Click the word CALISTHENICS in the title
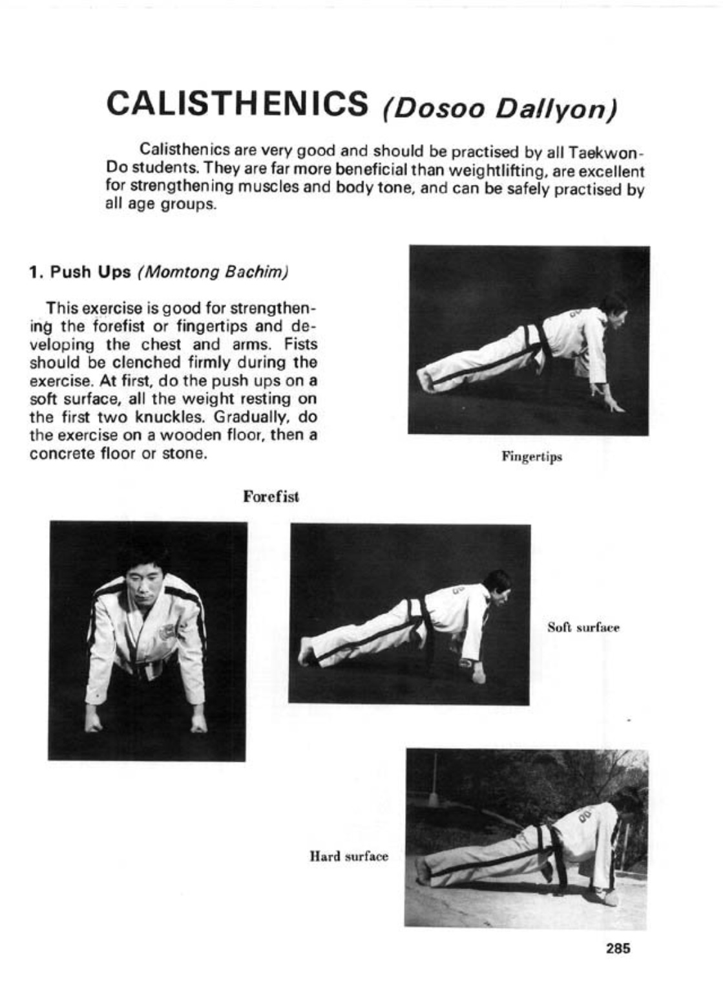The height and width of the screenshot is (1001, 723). pos(237,103)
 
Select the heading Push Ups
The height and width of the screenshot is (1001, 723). pos(90,272)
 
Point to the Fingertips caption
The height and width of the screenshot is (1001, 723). pos(532,457)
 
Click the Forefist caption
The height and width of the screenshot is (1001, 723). pos(271,497)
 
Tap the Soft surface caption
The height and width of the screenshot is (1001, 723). pos(583,627)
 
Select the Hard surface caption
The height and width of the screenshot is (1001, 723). pos(349,857)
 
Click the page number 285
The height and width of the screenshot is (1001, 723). pos(618,949)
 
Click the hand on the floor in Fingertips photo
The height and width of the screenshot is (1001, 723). pos(612,405)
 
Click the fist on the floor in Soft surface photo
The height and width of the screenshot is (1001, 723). pos(479,676)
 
